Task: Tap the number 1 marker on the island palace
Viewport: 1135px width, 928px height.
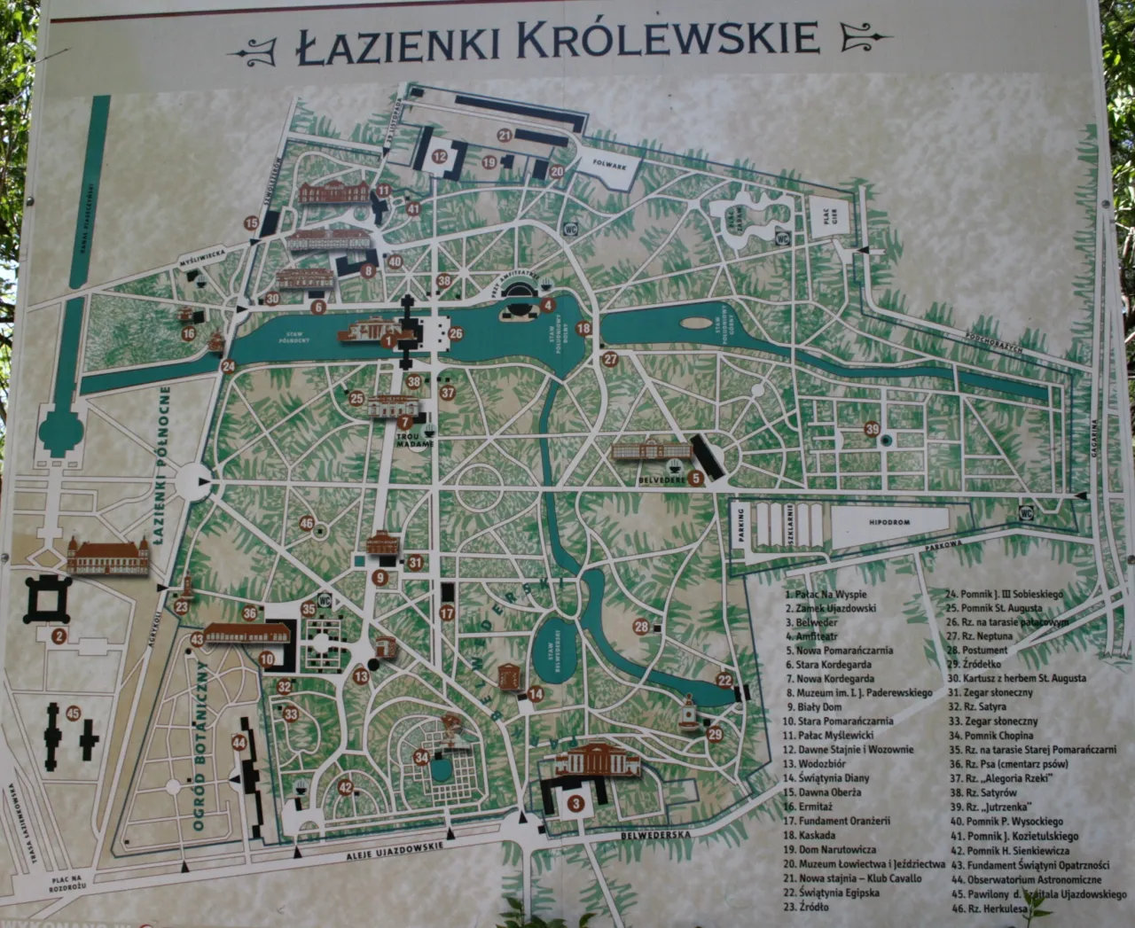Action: click(387, 339)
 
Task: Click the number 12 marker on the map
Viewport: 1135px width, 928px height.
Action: click(440, 156)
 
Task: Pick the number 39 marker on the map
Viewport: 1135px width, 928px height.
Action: click(873, 430)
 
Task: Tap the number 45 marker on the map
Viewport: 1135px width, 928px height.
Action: click(74, 713)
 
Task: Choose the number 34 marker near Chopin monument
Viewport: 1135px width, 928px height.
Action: click(421, 758)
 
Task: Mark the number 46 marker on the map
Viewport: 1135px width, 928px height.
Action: click(307, 524)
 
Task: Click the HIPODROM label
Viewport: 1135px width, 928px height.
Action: click(889, 523)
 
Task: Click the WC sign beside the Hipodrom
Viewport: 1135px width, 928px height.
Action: click(1026, 511)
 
